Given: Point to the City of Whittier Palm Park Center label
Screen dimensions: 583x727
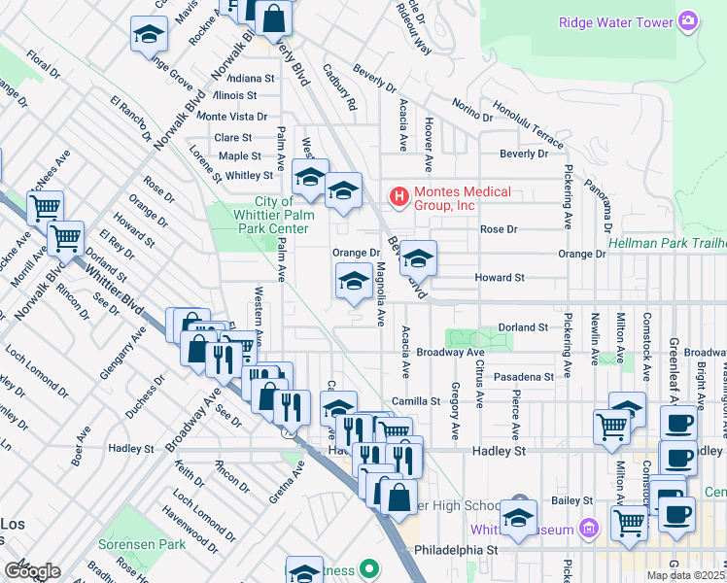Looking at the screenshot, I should click(x=275, y=215).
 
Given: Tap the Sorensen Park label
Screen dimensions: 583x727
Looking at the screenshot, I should click(x=139, y=546).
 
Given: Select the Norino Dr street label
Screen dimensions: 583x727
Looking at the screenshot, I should click(x=473, y=109).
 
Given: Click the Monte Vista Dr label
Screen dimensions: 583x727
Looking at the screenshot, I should click(x=225, y=117).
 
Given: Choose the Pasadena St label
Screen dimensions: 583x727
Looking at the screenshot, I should click(x=522, y=376).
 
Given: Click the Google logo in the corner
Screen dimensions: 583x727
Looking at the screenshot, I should click(x=32, y=570).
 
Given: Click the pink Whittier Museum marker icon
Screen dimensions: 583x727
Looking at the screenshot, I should click(x=588, y=530).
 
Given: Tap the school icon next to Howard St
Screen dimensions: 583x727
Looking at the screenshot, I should click(x=418, y=258).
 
